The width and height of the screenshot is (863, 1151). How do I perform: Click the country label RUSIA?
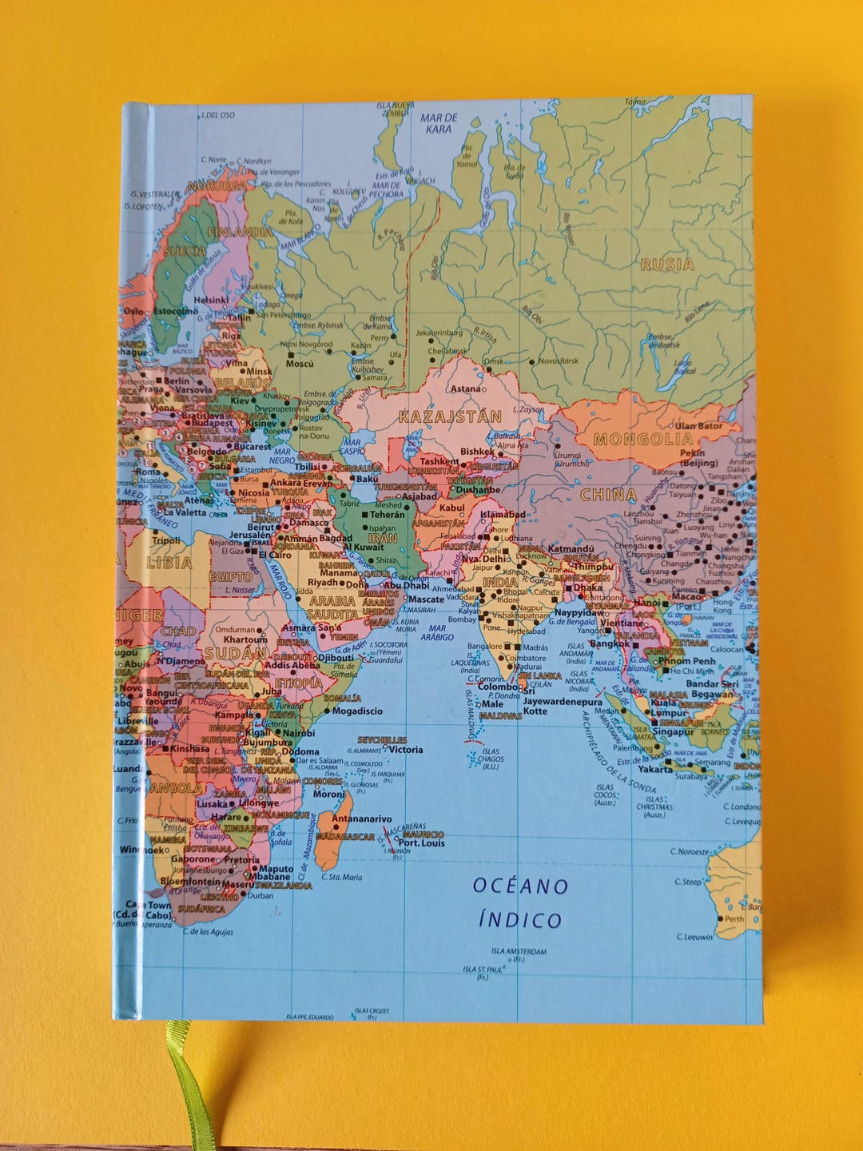click(667, 265)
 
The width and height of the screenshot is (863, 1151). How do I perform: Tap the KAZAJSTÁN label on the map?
click(450, 416)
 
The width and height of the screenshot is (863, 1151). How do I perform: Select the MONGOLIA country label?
click(644, 439)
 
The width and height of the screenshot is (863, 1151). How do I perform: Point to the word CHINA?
click(608, 495)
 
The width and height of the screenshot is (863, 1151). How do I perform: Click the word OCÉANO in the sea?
click(520, 886)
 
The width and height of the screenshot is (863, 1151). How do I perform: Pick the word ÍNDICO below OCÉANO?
click(520, 920)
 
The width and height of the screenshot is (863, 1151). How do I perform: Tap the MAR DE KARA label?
click(439, 123)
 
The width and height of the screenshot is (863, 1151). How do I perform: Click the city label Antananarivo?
click(362, 819)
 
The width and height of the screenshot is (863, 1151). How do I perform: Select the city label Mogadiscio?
click(357, 711)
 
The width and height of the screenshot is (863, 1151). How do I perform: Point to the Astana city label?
click(467, 389)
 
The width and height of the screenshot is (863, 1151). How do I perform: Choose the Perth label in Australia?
click(734, 918)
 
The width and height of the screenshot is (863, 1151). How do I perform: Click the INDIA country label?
click(500, 582)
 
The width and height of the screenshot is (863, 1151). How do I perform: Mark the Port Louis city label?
click(421, 843)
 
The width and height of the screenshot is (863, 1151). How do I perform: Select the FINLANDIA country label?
click(240, 232)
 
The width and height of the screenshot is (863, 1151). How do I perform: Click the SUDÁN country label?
click(235, 653)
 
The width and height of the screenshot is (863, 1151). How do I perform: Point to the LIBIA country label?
click(169, 563)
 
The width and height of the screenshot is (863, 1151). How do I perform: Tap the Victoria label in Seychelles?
click(406, 750)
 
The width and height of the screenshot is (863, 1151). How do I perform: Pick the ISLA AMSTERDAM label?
click(519, 951)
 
